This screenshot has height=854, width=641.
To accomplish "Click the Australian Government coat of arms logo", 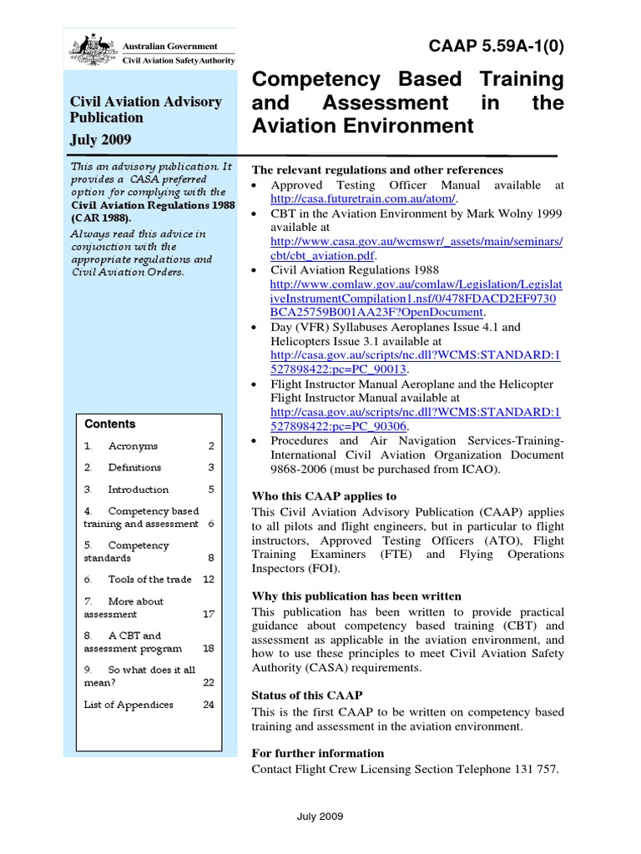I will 92,51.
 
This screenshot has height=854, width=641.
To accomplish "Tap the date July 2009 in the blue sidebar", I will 101,138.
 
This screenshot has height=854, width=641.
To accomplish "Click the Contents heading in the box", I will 109,424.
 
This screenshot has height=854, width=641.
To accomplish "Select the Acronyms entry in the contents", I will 133,446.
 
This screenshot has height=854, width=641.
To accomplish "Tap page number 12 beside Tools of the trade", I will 209,579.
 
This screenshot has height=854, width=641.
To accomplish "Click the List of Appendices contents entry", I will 129,705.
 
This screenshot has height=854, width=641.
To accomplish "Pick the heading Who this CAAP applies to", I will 324,496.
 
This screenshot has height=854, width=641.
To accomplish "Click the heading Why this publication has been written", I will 356,596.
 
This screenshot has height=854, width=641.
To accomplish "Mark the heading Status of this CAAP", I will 307,696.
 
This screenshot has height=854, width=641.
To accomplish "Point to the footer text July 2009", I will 320,816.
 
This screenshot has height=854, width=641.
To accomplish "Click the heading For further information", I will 318,753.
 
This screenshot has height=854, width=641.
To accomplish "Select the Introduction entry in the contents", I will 138,490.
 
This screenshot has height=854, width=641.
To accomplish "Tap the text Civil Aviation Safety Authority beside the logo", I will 179,60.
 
